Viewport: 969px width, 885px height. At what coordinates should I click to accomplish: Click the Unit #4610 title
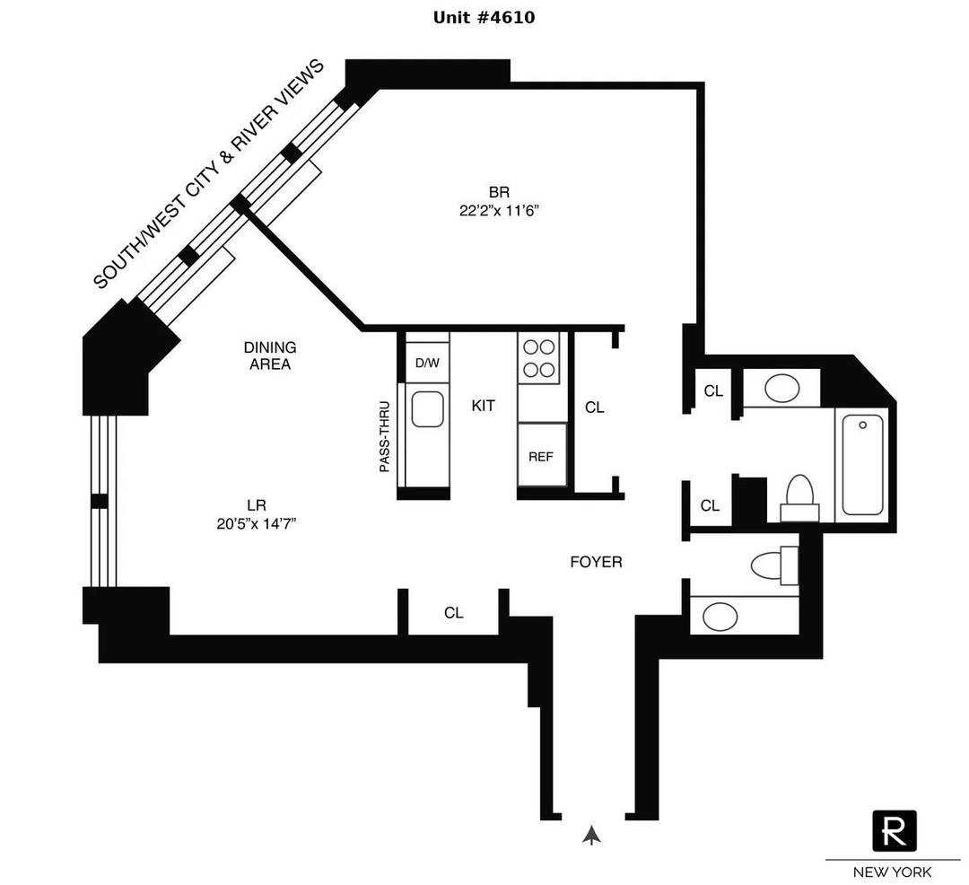click(x=484, y=17)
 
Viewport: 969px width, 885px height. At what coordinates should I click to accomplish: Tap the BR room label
click(x=500, y=192)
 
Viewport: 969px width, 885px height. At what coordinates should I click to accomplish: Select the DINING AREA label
click(x=269, y=355)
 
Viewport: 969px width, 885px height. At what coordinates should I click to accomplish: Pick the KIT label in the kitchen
click(x=484, y=406)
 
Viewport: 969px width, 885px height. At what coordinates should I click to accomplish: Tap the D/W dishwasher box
click(x=427, y=363)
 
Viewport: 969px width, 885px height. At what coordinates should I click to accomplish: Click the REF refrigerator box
click(x=541, y=456)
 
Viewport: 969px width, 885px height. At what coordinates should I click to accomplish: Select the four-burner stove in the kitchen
click(x=538, y=357)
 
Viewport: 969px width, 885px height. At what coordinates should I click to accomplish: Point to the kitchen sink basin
click(x=427, y=409)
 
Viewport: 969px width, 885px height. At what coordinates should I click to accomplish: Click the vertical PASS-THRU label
click(x=385, y=436)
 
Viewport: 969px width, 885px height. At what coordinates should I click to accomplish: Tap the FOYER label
click(x=596, y=563)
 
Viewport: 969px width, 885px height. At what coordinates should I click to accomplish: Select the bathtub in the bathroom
click(x=862, y=463)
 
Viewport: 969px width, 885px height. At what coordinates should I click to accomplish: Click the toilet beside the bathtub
click(x=799, y=496)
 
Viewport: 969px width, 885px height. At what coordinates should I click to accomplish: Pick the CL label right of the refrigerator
click(x=594, y=407)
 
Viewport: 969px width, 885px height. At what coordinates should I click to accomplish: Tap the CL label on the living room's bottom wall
click(x=453, y=613)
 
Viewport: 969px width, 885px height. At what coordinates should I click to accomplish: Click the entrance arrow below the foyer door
click(x=590, y=836)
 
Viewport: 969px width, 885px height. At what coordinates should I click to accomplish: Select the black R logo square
click(x=895, y=830)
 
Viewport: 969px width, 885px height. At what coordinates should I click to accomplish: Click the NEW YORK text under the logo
click(x=892, y=872)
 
